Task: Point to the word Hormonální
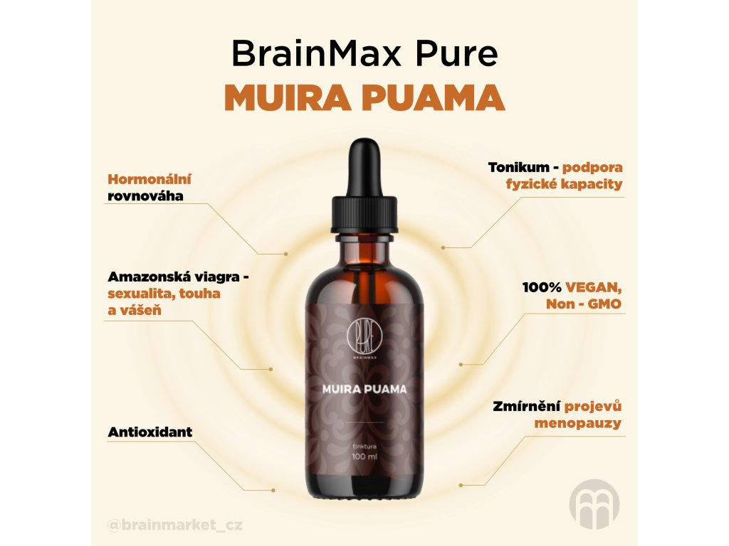[x=150, y=179]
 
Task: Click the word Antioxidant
[x=150, y=432]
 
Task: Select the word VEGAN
[x=594, y=288]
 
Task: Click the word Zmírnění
[x=526, y=407]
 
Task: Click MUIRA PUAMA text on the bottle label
[x=364, y=389]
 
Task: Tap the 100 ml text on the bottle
[x=364, y=456]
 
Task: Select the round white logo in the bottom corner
[x=594, y=504]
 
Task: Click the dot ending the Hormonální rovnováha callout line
[x=285, y=253]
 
